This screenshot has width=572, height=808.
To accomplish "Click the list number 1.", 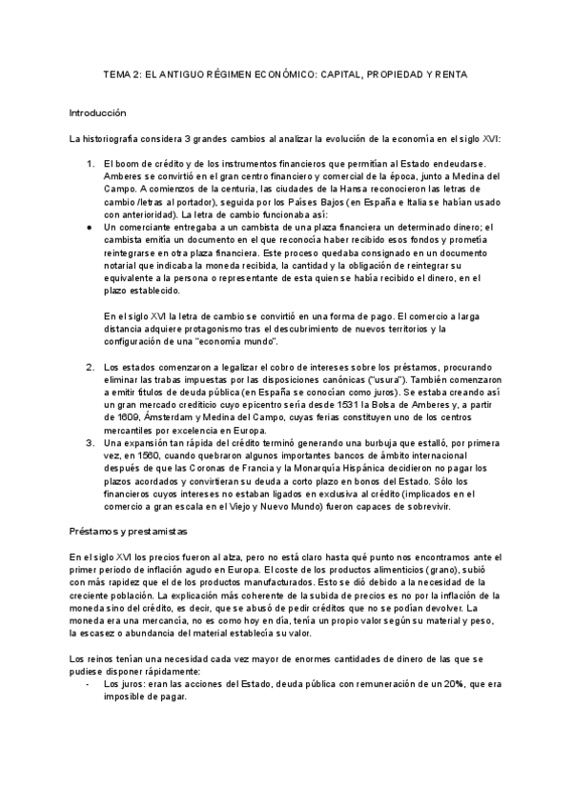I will (91, 164).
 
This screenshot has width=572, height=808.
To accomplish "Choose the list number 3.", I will (91, 443).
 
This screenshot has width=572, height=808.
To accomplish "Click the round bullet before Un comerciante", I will (89, 227).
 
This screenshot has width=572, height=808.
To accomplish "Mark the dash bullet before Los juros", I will (89, 684).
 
